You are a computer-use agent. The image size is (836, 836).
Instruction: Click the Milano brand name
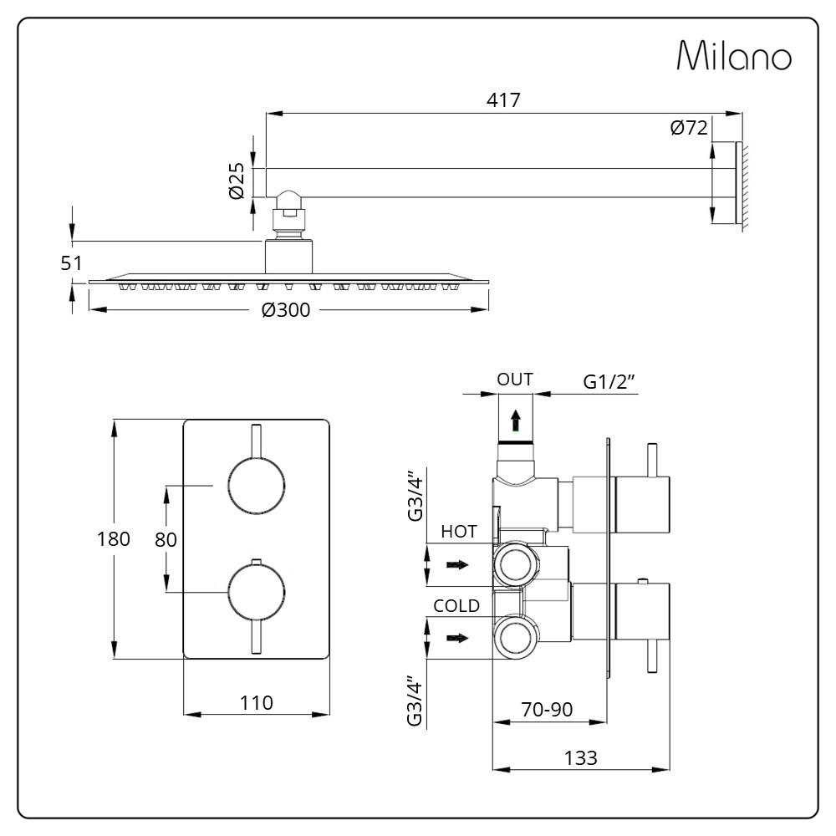734,55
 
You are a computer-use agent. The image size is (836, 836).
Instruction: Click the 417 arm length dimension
503,99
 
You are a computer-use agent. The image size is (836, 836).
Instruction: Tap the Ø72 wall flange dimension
689,128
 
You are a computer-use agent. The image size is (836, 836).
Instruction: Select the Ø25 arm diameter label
237,181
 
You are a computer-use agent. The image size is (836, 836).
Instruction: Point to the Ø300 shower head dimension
286,310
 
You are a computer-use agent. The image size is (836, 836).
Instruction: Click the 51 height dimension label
71,263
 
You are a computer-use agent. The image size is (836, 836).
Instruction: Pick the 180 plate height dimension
113,539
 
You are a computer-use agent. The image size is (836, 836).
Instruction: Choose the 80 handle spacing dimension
166,539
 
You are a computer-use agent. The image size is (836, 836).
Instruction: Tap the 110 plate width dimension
257,703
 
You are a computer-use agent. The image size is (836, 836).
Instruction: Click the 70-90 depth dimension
547,709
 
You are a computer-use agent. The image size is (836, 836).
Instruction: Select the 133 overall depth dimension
581,757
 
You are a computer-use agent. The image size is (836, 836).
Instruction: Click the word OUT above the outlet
514,380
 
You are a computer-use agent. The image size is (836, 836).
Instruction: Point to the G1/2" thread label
609,382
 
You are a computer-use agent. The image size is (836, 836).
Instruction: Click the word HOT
458,532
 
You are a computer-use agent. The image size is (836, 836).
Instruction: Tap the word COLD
456,605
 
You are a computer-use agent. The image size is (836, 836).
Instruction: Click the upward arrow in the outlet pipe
516,420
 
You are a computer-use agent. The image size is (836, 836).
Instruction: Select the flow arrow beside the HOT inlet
457,564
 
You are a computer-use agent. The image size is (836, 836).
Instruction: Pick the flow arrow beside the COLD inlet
457,638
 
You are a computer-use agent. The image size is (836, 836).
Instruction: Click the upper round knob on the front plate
257,486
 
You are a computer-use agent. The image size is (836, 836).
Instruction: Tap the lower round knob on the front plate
257,593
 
